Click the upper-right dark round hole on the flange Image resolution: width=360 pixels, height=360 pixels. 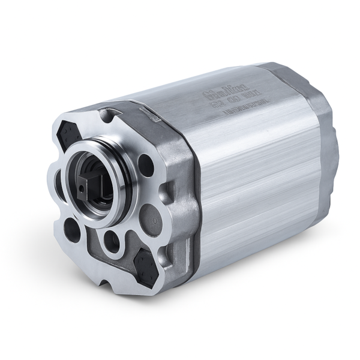(x=145, y=165)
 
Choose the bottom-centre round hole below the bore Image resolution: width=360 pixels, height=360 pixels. (x=112, y=240)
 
